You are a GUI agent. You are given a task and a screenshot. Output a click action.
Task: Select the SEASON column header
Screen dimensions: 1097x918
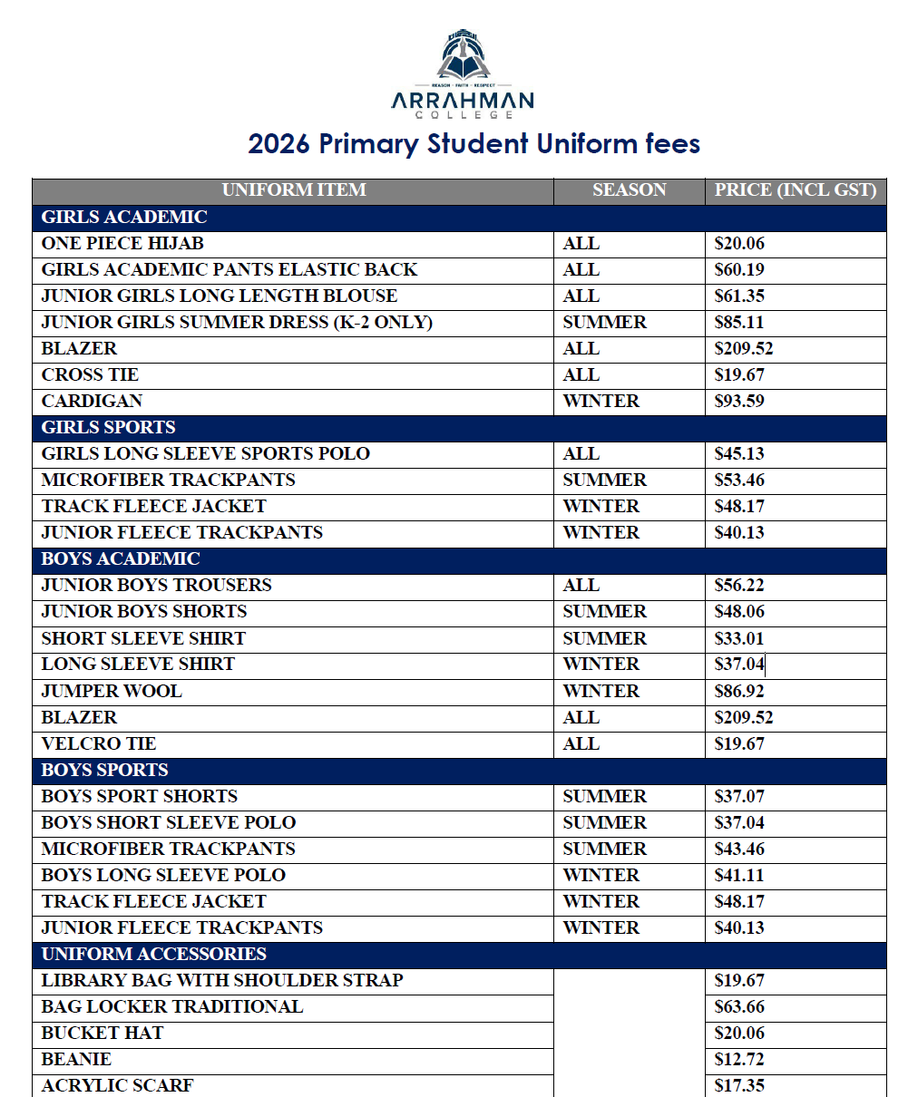pyautogui.click(x=629, y=190)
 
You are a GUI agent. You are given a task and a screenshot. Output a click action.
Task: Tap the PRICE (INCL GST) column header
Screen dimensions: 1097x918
pyautogui.click(x=795, y=190)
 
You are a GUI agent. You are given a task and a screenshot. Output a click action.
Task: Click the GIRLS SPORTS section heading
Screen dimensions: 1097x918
pyautogui.click(x=108, y=428)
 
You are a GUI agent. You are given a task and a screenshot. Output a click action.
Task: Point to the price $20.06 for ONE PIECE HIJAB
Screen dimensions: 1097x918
pyautogui.click(x=739, y=244)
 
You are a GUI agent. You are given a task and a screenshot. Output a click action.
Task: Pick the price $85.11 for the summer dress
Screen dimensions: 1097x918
pyautogui.click(x=739, y=323)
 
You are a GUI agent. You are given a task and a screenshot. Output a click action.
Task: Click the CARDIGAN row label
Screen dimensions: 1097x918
pyautogui.click(x=92, y=402)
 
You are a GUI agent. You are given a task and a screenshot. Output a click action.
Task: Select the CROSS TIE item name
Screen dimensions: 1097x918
pyautogui.click(x=90, y=375)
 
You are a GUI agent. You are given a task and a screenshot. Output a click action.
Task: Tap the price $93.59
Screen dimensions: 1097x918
pyautogui.click(x=739, y=402)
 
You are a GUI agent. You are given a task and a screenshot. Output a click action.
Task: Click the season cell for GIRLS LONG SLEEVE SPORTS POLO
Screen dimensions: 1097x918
pyautogui.click(x=581, y=454)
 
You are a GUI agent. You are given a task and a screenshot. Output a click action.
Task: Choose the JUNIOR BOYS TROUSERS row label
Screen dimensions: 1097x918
pyautogui.click(x=156, y=586)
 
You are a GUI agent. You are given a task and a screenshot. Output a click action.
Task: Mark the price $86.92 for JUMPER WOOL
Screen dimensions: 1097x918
pyautogui.click(x=739, y=692)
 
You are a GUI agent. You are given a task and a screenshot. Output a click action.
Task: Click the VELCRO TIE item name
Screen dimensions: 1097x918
pyautogui.click(x=99, y=744)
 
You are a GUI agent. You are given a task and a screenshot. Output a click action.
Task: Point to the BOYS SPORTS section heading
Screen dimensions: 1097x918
pyautogui.click(x=104, y=771)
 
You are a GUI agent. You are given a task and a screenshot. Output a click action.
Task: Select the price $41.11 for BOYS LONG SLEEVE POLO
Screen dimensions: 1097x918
pyautogui.click(x=739, y=876)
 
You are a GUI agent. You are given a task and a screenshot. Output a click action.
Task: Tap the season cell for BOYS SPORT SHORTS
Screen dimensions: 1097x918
pyautogui.click(x=604, y=797)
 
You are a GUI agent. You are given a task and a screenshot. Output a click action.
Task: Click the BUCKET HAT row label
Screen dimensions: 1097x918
pyautogui.click(x=103, y=1034)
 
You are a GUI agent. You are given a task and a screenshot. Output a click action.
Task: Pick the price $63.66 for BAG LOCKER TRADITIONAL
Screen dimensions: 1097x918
pyautogui.click(x=739, y=1007)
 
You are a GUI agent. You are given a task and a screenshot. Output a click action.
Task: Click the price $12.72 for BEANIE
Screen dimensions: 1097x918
pyautogui.click(x=739, y=1060)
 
